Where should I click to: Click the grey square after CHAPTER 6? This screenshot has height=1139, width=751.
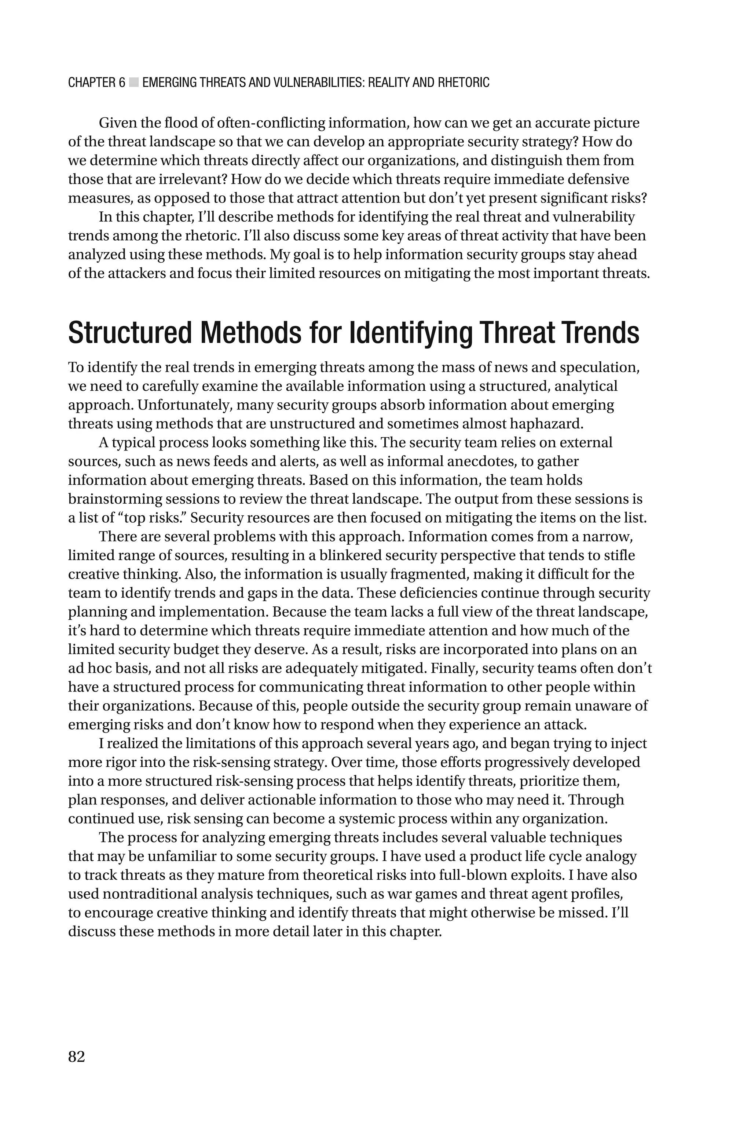pos(133,83)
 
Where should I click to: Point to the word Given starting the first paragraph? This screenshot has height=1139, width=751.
pos(117,123)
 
